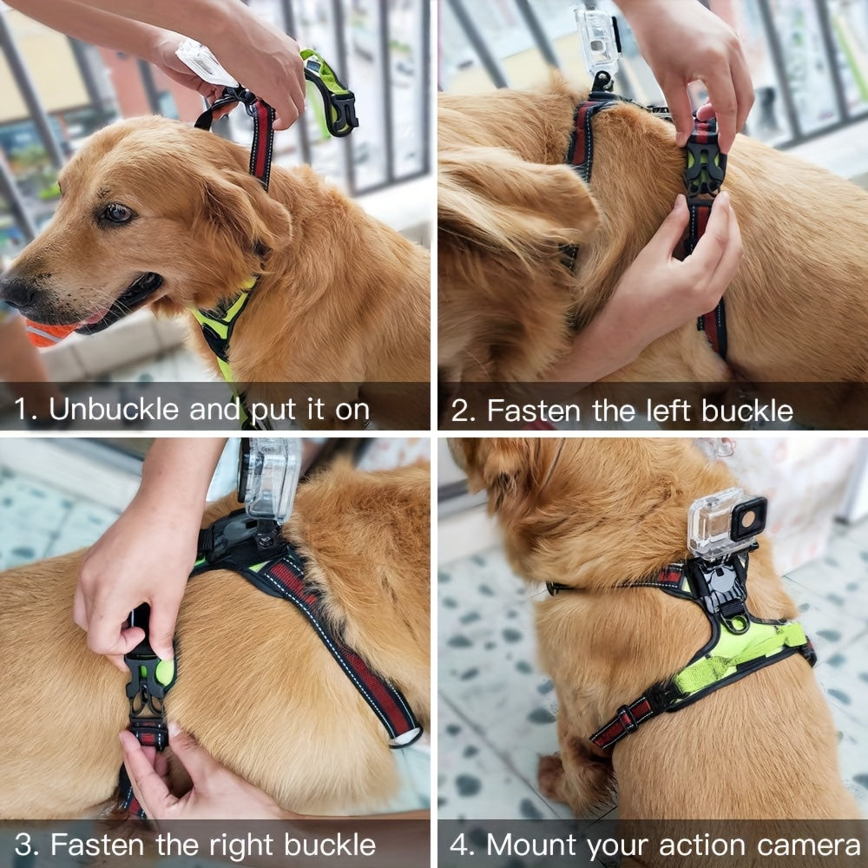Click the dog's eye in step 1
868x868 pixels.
(x=115, y=213)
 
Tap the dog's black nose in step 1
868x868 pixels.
(x=16, y=290)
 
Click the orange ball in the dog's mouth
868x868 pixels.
(x=48, y=332)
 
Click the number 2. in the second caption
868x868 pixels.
(x=464, y=410)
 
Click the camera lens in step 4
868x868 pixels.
(x=747, y=518)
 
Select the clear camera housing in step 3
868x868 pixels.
(x=270, y=478)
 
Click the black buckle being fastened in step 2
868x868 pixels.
(x=703, y=169)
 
